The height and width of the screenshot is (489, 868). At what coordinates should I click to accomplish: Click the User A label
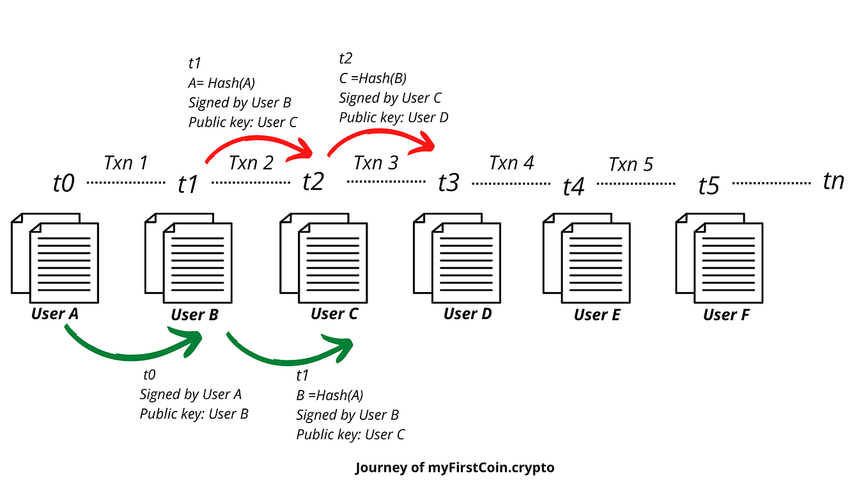pyautogui.click(x=55, y=314)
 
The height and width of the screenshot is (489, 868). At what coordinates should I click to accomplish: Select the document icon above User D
pyautogui.click(x=457, y=258)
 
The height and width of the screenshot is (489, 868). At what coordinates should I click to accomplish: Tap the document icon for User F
pyautogui.click(x=719, y=258)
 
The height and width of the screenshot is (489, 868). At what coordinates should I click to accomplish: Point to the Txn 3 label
pyautogui.click(x=376, y=163)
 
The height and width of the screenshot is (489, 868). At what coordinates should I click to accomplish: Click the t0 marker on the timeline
pyautogui.click(x=63, y=183)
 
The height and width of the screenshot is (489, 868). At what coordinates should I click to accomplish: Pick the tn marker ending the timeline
pyautogui.click(x=833, y=181)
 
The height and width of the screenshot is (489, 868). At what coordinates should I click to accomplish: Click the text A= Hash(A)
pyautogui.click(x=221, y=82)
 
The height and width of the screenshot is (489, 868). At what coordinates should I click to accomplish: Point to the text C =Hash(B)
pyautogui.click(x=373, y=78)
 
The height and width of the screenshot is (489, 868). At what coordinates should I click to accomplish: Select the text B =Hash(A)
pyautogui.click(x=330, y=395)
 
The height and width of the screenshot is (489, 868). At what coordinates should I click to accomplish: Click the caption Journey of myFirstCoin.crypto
pyautogui.click(x=455, y=468)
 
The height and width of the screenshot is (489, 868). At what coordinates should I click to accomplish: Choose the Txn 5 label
pyautogui.click(x=631, y=164)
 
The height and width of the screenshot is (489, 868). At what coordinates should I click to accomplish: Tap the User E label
pyautogui.click(x=597, y=314)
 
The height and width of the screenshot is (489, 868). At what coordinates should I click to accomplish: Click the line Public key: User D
pyautogui.click(x=394, y=118)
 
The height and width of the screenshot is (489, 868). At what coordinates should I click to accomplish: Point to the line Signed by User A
pyautogui.click(x=190, y=394)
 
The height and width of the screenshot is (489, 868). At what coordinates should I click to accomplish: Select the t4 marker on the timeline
pyautogui.click(x=573, y=187)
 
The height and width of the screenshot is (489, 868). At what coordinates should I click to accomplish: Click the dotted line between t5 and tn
pyautogui.click(x=771, y=183)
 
